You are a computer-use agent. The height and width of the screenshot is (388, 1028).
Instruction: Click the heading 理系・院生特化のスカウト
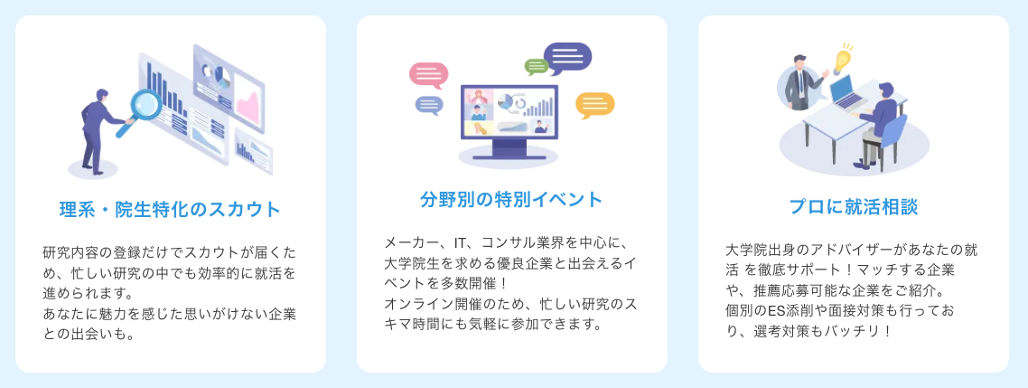coord(170,210)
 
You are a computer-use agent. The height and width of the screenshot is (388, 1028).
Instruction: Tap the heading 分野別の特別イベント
coord(511,199)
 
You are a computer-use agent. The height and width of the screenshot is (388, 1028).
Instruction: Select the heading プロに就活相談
coord(853,207)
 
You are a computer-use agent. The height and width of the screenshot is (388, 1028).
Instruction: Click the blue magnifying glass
coord(141,111)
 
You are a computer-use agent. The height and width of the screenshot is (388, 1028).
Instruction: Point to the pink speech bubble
coord(428,75)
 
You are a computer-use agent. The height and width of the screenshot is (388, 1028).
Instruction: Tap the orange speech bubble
coord(594,105)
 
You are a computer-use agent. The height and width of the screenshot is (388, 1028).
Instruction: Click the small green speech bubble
coord(537,66)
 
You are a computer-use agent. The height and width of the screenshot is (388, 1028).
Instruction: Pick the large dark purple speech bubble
coord(567,59)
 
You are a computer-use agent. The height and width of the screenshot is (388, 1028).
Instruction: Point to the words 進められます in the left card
coord(81,291)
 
